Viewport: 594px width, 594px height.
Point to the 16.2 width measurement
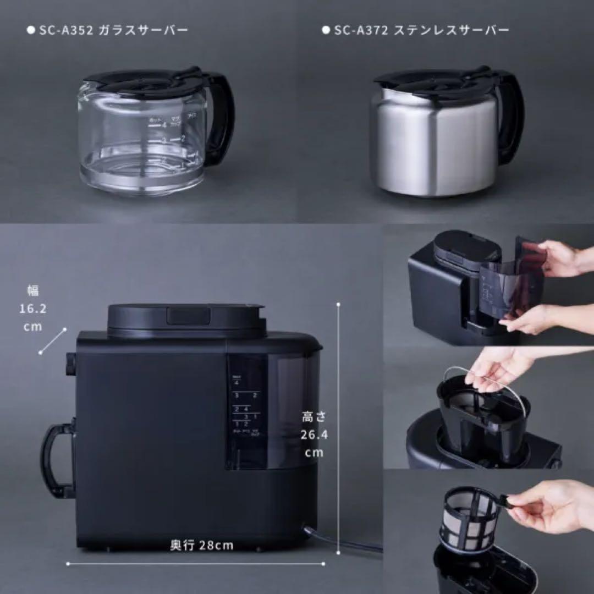click(x=32, y=309)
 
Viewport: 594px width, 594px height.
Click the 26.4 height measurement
click(x=314, y=435)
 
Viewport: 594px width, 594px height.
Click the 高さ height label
click(x=314, y=417)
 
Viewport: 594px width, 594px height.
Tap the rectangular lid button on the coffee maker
click(x=189, y=315)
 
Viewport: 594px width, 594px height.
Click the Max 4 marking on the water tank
click(x=237, y=380)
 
